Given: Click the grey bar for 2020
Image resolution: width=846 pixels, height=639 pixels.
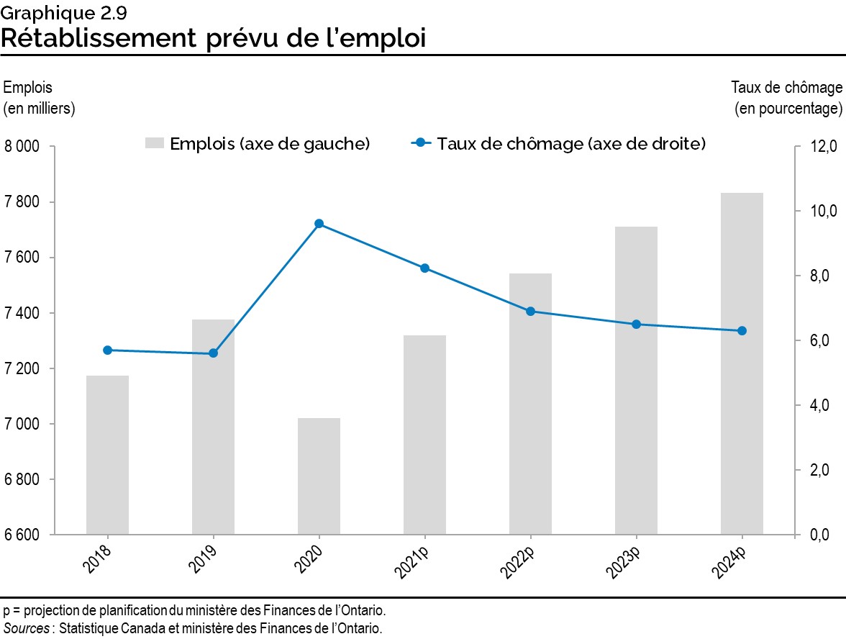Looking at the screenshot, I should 319,476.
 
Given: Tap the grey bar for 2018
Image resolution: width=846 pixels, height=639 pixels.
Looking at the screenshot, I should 107,455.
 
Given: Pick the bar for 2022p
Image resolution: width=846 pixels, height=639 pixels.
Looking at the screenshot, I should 530,404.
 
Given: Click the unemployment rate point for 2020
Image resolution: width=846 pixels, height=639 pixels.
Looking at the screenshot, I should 319,224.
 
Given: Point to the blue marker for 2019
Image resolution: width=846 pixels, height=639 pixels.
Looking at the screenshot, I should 213,353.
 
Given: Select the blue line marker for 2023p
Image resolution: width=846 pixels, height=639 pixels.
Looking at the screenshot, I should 636,325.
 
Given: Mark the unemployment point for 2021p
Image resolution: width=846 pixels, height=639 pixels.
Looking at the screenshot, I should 424,268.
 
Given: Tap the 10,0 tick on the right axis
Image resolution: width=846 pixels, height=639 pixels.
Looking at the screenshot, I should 823,212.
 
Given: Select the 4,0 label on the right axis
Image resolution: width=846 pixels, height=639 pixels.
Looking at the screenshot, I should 823,406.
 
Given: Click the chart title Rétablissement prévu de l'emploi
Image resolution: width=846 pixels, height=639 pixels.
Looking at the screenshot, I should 213,37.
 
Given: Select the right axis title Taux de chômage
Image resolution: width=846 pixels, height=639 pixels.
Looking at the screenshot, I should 786,88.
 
